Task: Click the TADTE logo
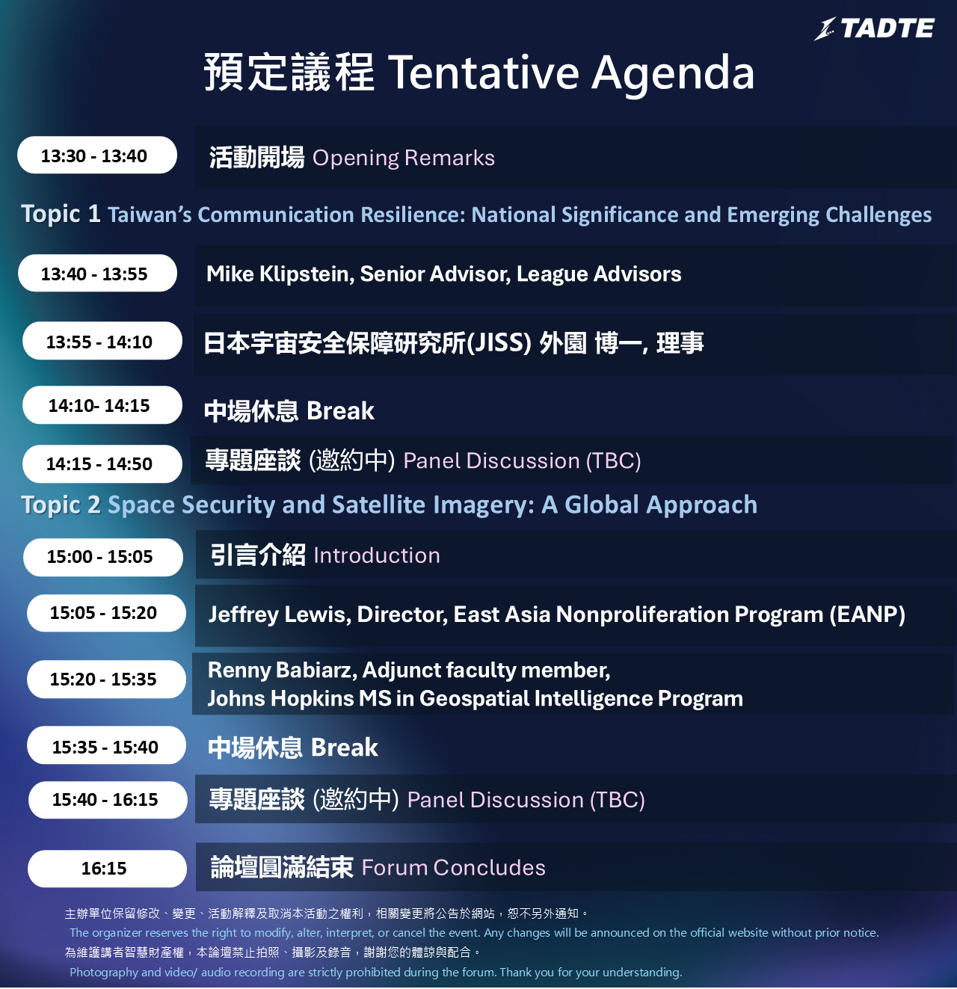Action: (874, 28)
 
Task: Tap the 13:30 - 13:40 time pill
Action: (97, 155)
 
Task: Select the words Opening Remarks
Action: (404, 158)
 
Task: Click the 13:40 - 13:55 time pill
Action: (98, 274)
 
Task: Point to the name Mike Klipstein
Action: (280, 274)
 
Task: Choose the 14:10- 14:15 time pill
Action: (102, 405)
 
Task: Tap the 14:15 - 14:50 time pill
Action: (102, 464)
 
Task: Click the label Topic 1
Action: (61, 214)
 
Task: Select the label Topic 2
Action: (61, 505)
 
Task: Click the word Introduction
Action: (377, 555)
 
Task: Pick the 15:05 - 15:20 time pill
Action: (106, 613)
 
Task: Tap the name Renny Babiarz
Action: (282, 671)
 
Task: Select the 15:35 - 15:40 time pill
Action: (106, 745)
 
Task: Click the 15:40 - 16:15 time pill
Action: (108, 800)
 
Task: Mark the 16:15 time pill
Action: (107, 869)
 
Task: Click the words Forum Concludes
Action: (453, 868)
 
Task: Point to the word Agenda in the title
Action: (673, 74)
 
